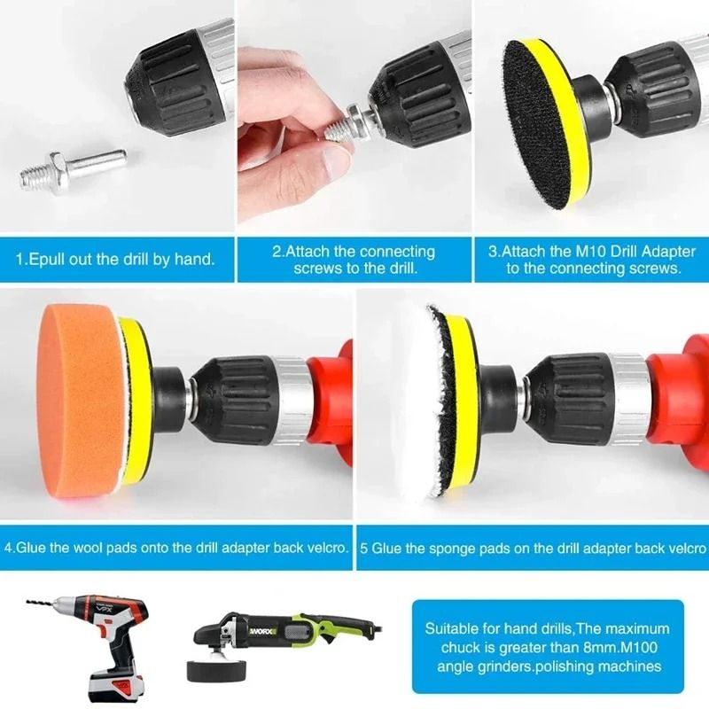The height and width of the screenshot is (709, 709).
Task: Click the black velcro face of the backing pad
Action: point(533,124)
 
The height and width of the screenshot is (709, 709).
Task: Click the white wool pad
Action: point(403,403)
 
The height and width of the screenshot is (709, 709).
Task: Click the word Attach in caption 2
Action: point(308,252)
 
